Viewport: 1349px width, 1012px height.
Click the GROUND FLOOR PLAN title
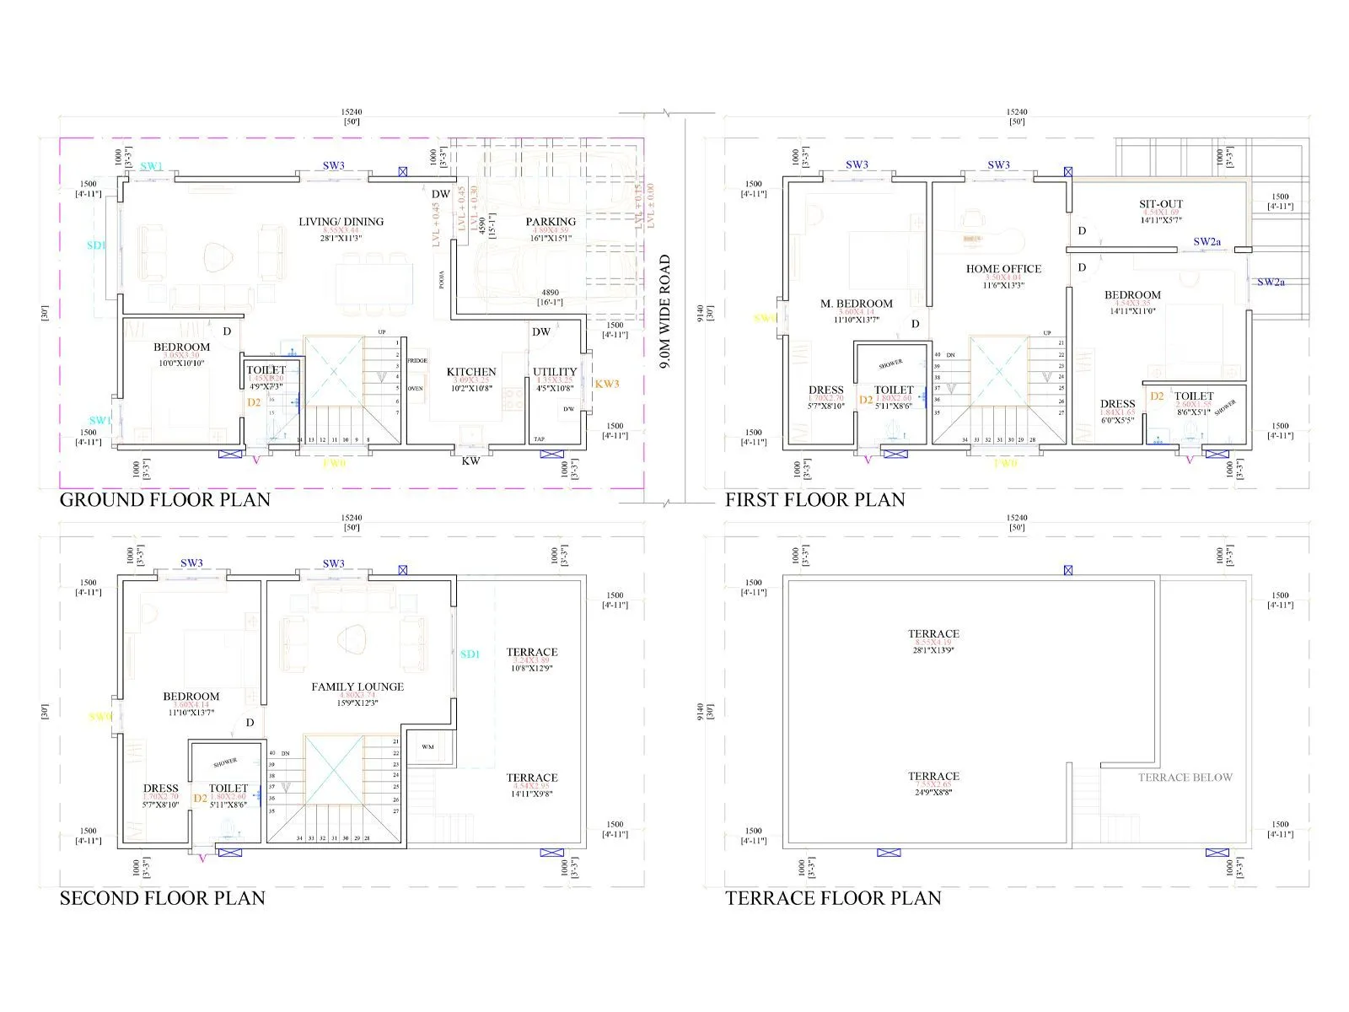click(164, 499)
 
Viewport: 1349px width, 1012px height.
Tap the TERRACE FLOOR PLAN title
click(833, 898)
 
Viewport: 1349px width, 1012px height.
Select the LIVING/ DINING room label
click(341, 222)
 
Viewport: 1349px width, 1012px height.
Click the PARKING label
click(551, 222)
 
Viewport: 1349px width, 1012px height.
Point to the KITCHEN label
click(471, 372)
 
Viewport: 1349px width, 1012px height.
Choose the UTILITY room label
click(555, 372)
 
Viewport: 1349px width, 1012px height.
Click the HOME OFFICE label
click(1003, 269)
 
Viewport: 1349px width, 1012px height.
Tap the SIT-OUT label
click(1161, 204)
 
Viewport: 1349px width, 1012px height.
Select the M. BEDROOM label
click(856, 304)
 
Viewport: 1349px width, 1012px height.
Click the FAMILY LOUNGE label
click(357, 686)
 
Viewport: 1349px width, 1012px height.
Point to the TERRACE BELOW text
click(1185, 778)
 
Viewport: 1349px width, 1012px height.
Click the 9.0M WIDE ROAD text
click(665, 312)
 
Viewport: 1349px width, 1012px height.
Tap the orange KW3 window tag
click(607, 384)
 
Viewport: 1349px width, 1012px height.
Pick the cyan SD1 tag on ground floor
click(96, 245)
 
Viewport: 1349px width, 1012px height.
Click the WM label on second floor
click(427, 747)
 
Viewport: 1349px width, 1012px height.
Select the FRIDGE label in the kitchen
click(417, 361)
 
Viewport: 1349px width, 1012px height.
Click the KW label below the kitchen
click(470, 461)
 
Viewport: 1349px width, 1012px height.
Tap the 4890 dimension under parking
click(550, 293)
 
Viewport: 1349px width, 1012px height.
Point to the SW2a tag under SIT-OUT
click(1207, 242)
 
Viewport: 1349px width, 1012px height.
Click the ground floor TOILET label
click(266, 370)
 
